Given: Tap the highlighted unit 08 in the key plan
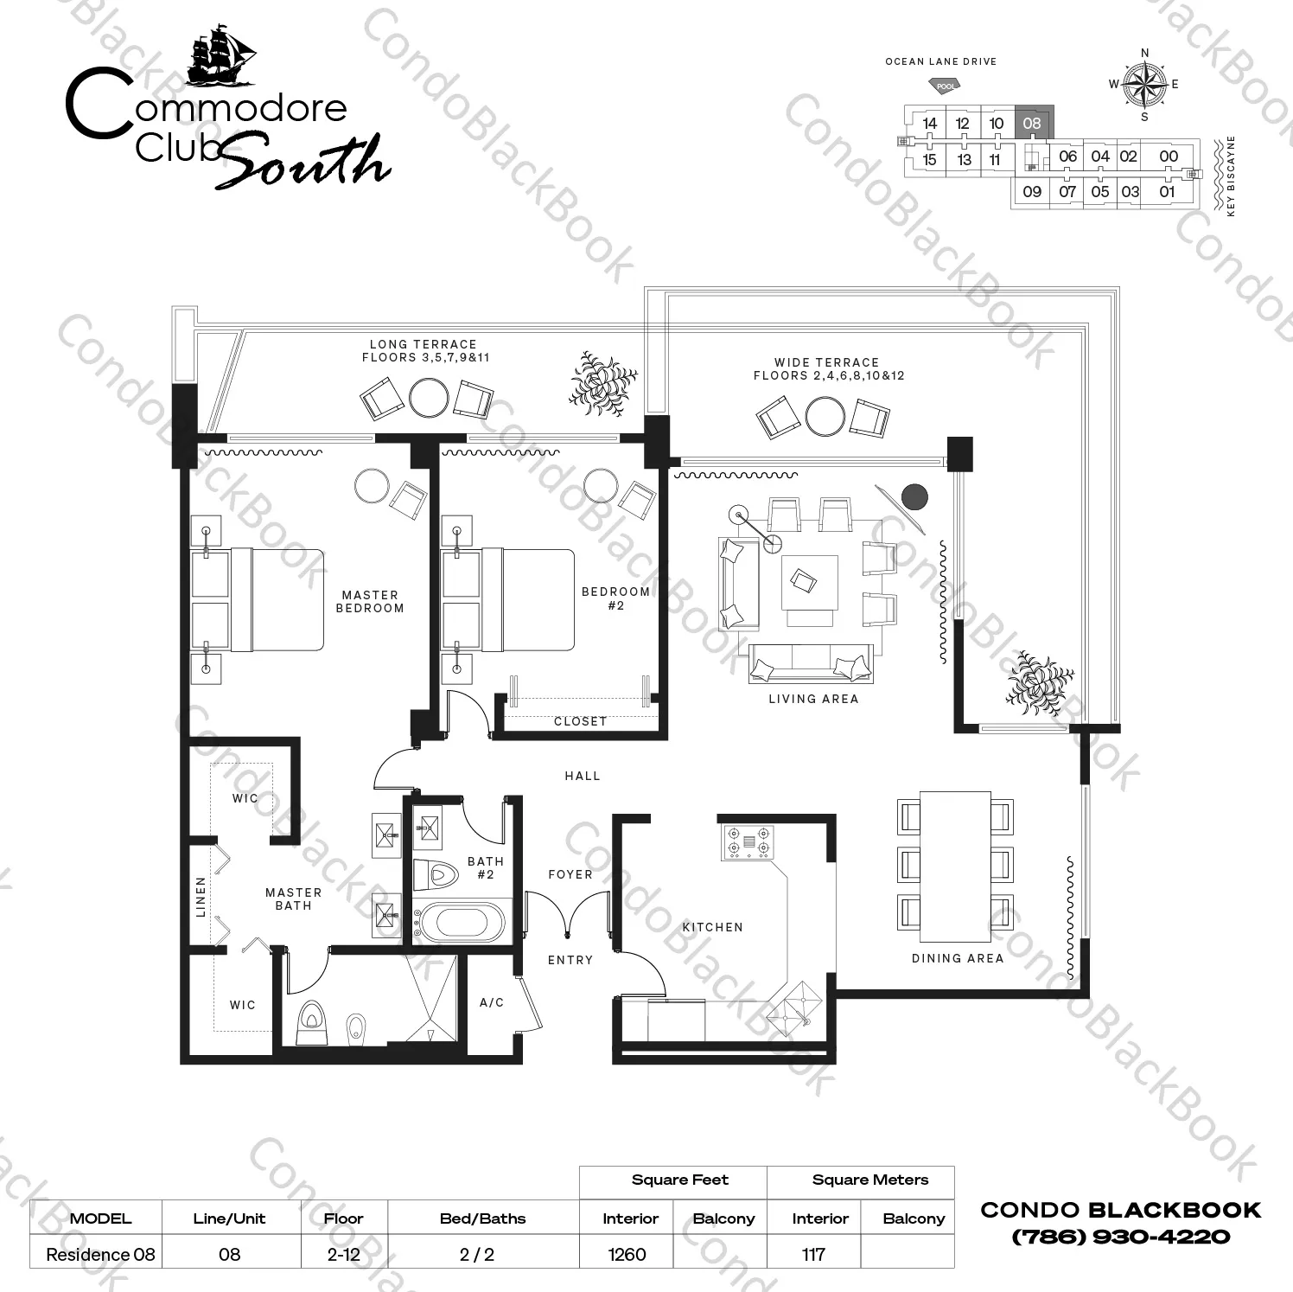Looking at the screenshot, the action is click(x=1033, y=124).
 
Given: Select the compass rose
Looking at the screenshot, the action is click(x=1144, y=84).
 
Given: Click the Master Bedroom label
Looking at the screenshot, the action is click(x=370, y=601).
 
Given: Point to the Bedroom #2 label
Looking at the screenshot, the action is click(x=615, y=598).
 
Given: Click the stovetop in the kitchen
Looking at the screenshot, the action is click(x=748, y=841).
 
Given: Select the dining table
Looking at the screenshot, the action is click(x=955, y=866).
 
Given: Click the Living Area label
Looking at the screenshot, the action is click(x=813, y=699).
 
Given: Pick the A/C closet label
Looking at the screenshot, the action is click(x=492, y=1002).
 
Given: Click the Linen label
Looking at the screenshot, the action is click(x=201, y=897).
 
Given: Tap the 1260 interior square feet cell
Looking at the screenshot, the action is click(x=627, y=1254).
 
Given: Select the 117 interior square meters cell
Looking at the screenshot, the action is click(x=814, y=1254).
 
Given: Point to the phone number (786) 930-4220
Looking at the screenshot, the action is click(x=1121, y=1237).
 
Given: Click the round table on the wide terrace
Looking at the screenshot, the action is click(x=825, y=417).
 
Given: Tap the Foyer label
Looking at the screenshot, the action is click(x=570, y=874).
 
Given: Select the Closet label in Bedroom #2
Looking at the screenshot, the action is click(x=581, y=720).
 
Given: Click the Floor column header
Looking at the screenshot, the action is click(x=344, y=1218).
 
